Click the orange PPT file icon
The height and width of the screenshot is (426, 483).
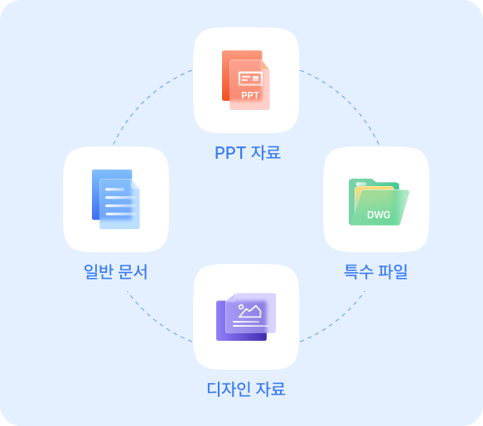pos(246,80)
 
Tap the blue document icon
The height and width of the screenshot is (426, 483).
pos(116,199)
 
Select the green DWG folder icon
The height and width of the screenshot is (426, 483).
pos(379,202)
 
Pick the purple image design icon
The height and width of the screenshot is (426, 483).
pos(246,317)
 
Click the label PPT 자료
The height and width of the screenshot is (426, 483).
pos(248,152)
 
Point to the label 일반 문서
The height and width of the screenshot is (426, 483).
pos(116,271)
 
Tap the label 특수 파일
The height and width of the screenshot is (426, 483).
pos(376,271)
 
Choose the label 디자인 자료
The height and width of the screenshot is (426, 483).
pos(246,389)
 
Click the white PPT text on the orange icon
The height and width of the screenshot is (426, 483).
pos(250,95)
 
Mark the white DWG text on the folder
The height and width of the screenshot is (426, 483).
pos(379,214)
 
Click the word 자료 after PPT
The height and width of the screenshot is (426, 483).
pos(266,152)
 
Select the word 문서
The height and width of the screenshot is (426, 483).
pos(133,271)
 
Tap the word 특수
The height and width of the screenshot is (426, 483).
pos(359,271)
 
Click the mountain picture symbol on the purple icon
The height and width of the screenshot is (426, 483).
pos(250,311)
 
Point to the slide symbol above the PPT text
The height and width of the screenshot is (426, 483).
pos(250,79)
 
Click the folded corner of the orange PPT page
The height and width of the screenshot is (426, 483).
pos(265,65)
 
